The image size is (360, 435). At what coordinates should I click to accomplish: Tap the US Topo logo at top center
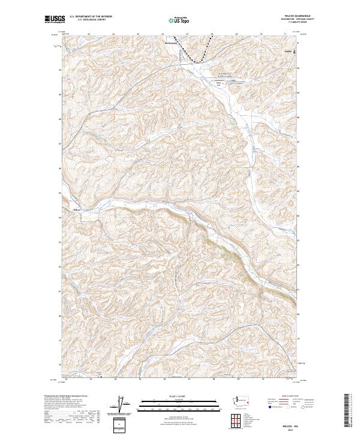click(x=180, y=20)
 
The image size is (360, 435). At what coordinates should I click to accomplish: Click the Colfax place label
click(x=289, y=51)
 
